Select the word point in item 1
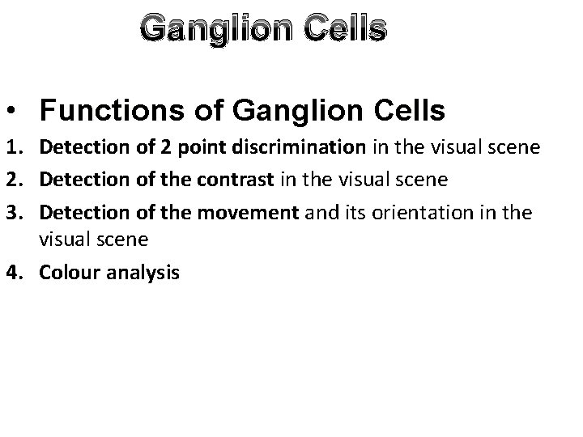(x=167, y=147)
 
